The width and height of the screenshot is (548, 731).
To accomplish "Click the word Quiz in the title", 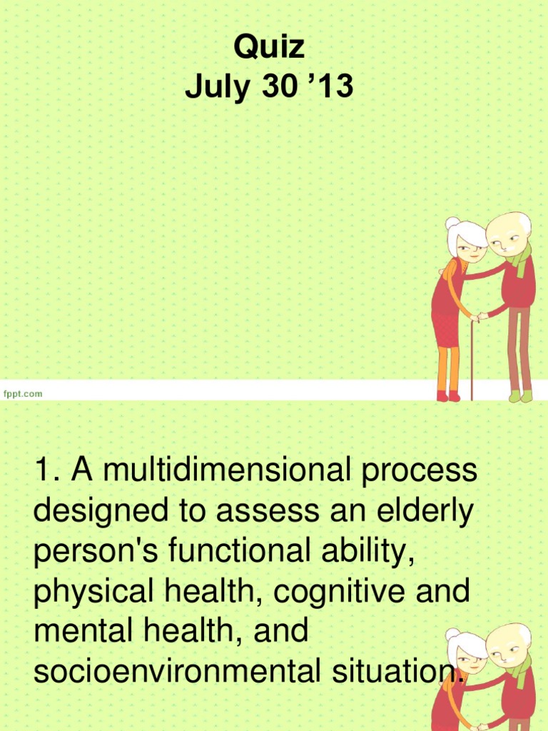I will click(x=270, y=49).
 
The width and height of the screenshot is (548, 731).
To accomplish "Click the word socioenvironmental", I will click(x=187, y=671).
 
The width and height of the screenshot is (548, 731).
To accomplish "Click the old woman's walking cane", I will click(x=472, y=357).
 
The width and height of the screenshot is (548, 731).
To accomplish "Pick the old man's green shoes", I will click(x=520, y=395).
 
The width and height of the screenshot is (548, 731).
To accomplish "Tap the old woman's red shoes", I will click(x=448, y=395).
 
